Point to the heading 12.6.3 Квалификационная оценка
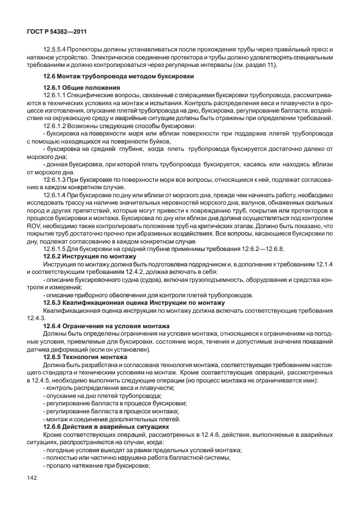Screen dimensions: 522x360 pyautogui.click(x=134, y=302)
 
